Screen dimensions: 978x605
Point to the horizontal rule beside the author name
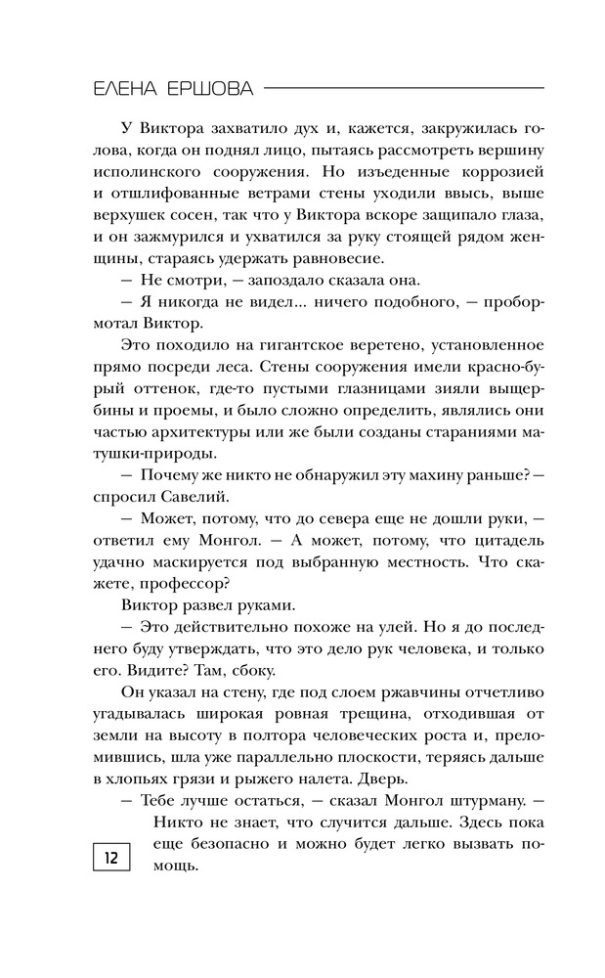tap(404, 89)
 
